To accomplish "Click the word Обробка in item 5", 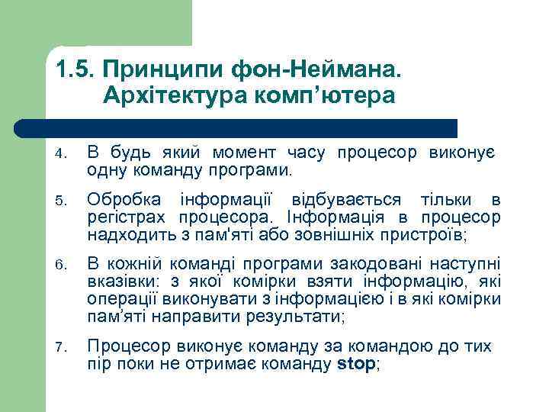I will pyautogui.click(x=124, y=200).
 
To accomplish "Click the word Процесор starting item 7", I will pyautogui.click(x=124, y=346).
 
